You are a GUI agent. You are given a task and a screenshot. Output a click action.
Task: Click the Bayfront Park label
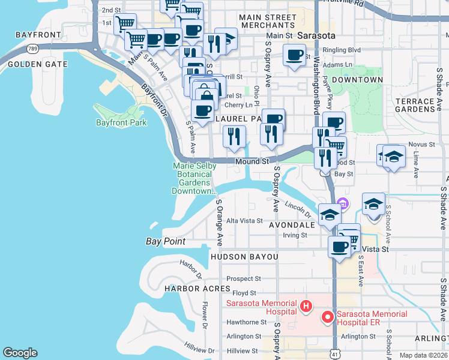pyautogui.click(x=121, y=122)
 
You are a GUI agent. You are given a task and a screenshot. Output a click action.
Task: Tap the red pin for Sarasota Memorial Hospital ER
pyautogui.click(x=328, y=317)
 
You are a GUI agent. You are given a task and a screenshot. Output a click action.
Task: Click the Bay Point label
pyautogui.click(x=166, y=241)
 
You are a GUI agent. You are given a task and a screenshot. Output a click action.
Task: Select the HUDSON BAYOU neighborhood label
pyautogui.click(x=244, y=257)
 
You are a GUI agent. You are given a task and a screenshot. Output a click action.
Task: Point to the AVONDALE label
pyautogui.click(x=292, y=225)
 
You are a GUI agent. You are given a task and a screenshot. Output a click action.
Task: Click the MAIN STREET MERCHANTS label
pyautogui.click(x=267, y=21)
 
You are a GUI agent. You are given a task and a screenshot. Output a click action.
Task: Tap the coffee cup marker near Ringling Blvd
pyautogui.click(x=294, y=56)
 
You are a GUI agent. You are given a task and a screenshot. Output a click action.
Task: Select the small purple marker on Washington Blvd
pyautogui.click(x=343, y=202)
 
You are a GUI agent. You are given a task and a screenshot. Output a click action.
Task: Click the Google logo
pyautogui.click(x=20, y=353)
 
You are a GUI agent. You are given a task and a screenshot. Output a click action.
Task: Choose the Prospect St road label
pyautogui.click(x=244, y=278)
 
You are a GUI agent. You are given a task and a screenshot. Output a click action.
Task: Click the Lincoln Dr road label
pyautogui.click(x=298, y=209)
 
